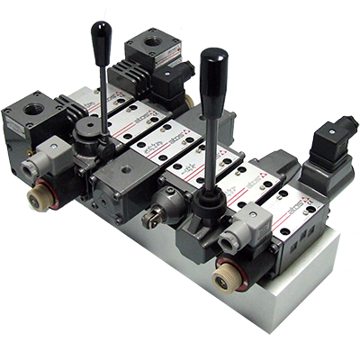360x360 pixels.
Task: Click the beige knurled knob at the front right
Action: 222,282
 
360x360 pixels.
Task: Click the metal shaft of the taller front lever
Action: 212,144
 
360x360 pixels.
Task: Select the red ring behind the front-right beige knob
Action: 232,270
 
